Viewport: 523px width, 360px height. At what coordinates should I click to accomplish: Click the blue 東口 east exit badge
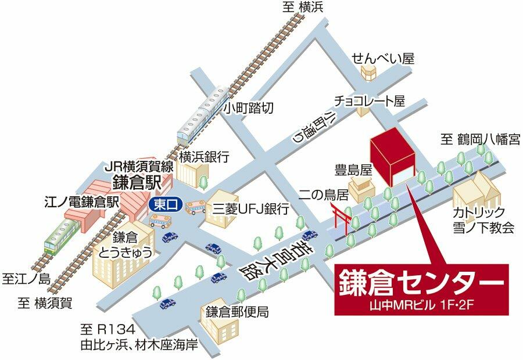[x=166, y=204]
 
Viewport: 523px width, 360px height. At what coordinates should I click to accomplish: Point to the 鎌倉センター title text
[x=422, y=284]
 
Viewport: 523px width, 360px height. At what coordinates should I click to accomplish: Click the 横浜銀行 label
[x=204, y=156]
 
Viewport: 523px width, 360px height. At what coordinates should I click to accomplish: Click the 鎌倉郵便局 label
[x=236, y=312]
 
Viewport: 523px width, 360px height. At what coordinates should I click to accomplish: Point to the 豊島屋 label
[x=353, y=170]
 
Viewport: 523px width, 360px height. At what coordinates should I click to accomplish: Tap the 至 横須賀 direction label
[x=44, y=302]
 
